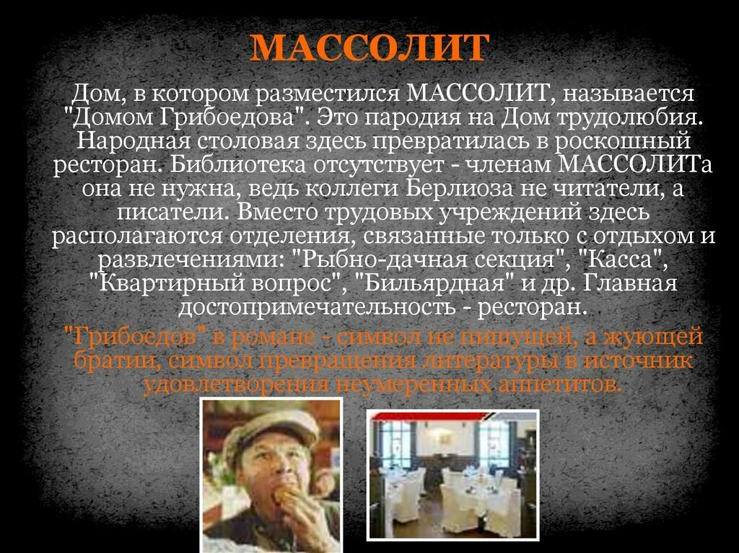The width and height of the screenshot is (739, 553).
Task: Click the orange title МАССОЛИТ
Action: [369, 48]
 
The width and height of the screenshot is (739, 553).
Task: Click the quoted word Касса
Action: [626, 260]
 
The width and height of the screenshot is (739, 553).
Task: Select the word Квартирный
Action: [165, 284]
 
